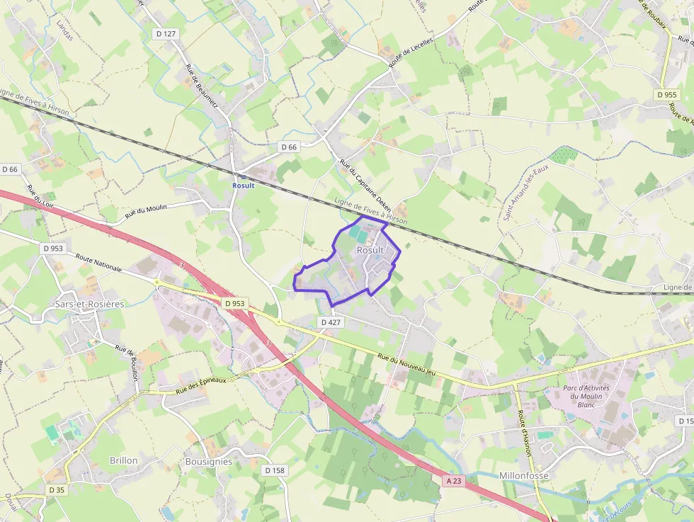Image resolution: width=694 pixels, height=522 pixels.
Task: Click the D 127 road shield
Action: click(x=166, y=34)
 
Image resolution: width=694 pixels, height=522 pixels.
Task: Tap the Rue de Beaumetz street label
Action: click(x=200, y=86)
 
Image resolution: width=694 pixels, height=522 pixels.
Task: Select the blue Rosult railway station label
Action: click(x=243, y=186)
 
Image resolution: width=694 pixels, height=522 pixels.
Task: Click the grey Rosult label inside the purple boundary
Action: click(x=370, y=250)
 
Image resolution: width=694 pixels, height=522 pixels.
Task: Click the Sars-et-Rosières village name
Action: click(x=89, y=304)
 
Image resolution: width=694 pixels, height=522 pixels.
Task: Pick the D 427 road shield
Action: click(x=331, y=322)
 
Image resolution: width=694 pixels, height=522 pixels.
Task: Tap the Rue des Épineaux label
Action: click(x=200, y=385)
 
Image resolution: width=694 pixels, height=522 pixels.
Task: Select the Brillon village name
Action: click(x=124, y=460)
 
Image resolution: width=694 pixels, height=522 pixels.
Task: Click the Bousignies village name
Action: click(x=208, y=461)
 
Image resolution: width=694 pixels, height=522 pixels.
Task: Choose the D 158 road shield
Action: click(x=274, y=470)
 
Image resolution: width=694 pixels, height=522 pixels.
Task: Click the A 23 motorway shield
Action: click(x=454, y=480)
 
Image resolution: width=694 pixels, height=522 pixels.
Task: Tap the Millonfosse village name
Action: click(x=524, y=475)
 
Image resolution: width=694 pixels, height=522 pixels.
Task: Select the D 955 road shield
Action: click(x=666, y=94)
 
